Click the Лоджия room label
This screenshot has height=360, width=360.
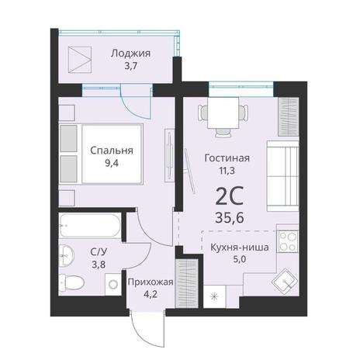click(130, 54)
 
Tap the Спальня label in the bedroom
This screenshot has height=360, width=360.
click(112, 151)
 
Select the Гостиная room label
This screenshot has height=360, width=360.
click(227, 157)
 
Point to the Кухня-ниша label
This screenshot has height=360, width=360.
click(240, 247)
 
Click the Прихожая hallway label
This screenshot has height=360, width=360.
click(151, 282)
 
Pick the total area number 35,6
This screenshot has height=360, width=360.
click(230, 218)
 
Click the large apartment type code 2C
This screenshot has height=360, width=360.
click(229, 196)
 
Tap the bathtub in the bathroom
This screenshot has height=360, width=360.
click(90, 225)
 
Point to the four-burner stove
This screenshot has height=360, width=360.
click(288, 241)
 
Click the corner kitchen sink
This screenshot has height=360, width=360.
click(285, 282)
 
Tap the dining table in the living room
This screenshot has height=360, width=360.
click(223, 112)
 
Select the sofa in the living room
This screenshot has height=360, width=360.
click(283, 176)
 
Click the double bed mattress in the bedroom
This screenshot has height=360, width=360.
click(112, 154)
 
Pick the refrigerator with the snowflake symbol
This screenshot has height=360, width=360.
click(215, 296)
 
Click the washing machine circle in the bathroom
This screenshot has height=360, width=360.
click(113, 285)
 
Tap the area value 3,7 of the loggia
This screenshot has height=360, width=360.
click(130, 66)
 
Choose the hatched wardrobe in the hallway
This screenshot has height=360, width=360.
click(187, 283)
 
